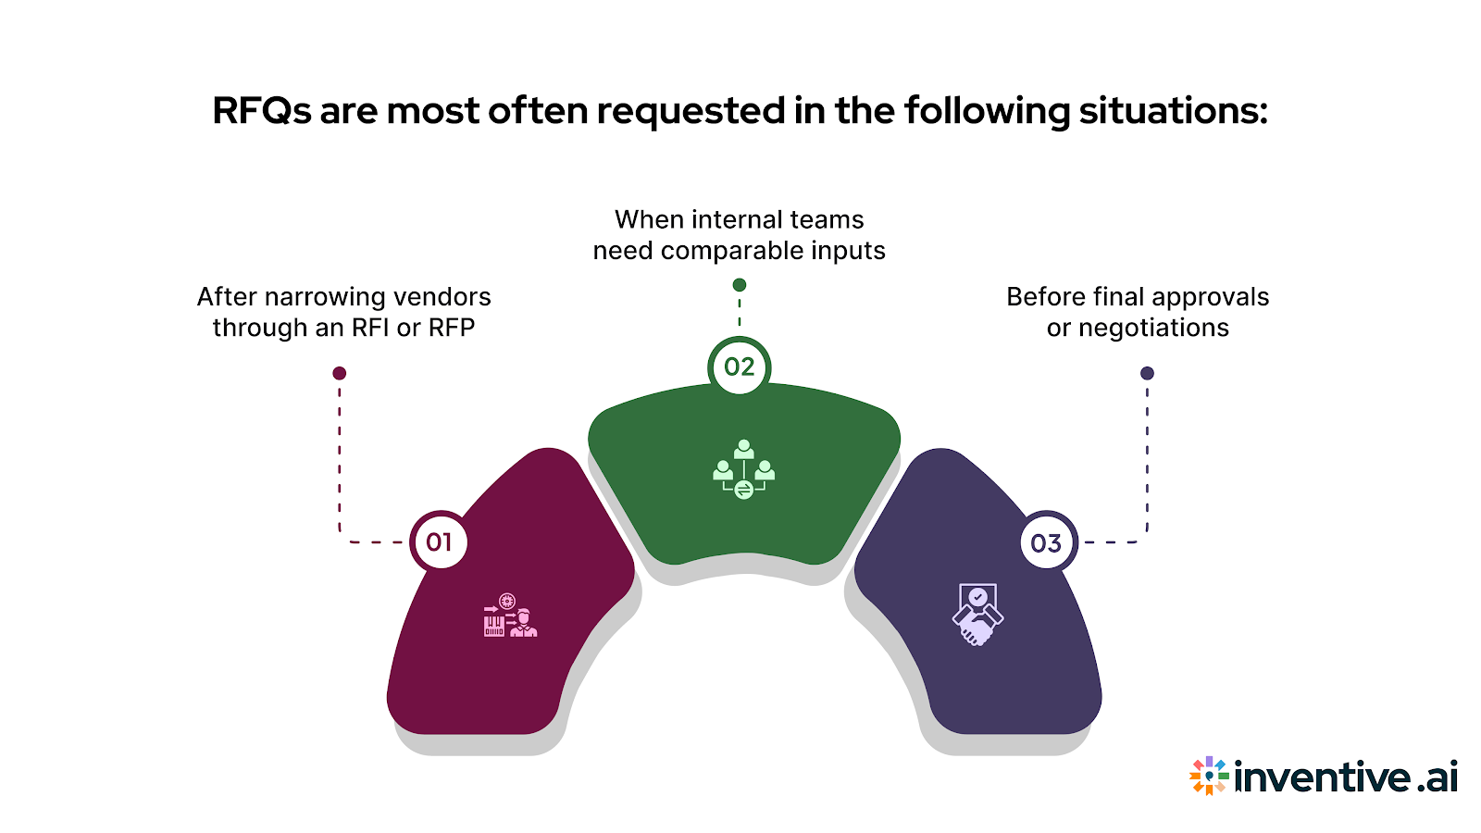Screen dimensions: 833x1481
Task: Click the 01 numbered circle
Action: pyautogui.click(x=440, y=541)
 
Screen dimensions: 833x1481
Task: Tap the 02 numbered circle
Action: pyautogui.click(x=739, y=367)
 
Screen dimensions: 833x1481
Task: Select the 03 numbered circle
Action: pyautogui.click(x=1046, y=542)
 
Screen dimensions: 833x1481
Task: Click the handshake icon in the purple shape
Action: pyautogui.click(x=977, y=615)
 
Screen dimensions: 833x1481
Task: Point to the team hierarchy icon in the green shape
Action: pyautogui.click(x=743, y=469)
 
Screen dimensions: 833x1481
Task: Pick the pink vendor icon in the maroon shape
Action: pyautogui.click(x=509, y=615)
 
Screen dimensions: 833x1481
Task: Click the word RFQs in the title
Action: pyautogui.click(x=262, y=112)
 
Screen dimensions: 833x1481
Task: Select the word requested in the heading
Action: pyautogui.click(x=691, y=112)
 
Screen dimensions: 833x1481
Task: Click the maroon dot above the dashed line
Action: pyautogui.click(x=340, y=373)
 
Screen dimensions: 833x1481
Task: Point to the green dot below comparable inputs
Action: pyautogui.click(x=739, y=285)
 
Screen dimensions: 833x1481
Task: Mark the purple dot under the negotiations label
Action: pyautogui.click(x=1147, y=373)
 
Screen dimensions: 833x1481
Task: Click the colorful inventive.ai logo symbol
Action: pyautogui.click(x=1209, y=776)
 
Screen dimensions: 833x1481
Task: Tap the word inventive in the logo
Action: pyautogui.click(x=1322, y=777)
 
